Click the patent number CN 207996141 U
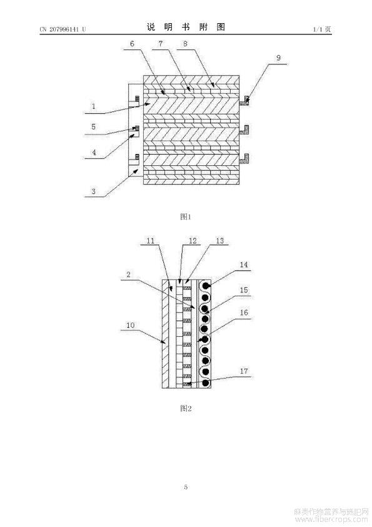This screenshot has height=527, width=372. pos(63,29)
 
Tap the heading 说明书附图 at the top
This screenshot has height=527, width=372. pos(186,27)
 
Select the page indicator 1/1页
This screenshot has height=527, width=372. pos(322,29)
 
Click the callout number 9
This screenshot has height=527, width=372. pos(278,58)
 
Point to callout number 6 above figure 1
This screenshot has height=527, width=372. pos(132,44)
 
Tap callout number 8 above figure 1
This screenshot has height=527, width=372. pos(185,43)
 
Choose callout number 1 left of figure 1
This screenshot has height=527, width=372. pos(94,106)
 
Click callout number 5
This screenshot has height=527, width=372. pos(94,126)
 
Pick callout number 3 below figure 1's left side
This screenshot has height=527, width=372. pos(94,192)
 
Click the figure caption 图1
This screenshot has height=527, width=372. pos(185,217)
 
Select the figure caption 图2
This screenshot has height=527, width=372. pos(186,408)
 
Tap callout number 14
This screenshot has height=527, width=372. pos(244,265)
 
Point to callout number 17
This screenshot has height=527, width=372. pos(244,371)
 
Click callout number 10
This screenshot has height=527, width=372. pos(130,325)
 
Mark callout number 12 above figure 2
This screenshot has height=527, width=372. pos(193,240)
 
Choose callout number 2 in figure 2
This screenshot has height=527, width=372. pos(128,274)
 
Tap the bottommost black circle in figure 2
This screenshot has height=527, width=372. pos(205,383)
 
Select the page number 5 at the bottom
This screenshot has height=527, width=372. pos(186,487)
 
